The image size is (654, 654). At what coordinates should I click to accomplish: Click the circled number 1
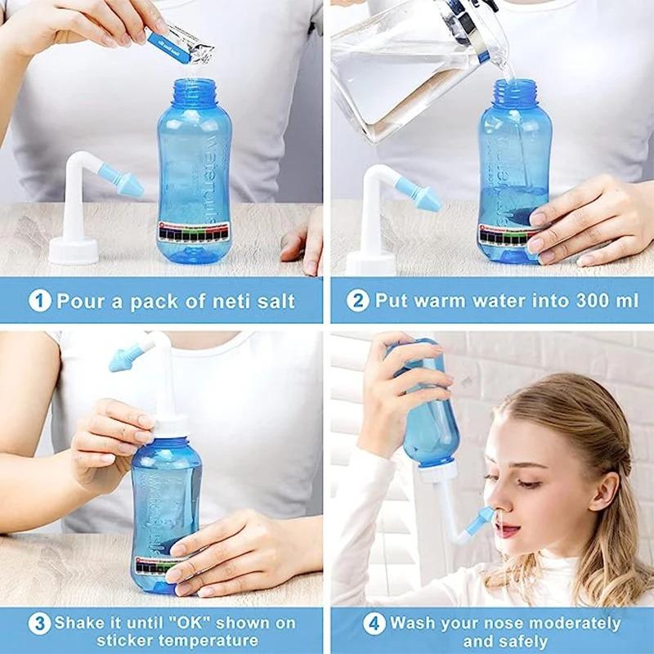pyautogui.click(x=40, y=300)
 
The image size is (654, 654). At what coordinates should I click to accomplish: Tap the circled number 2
pyautogui.click(x=357, y=300)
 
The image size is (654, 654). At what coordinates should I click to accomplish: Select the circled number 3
pyautogui.click(x=39, y=624)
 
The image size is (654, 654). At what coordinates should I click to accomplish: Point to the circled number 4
pyautogui.click(x=374, y=624)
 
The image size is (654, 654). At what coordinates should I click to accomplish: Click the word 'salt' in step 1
pyautogui.click(x=273, y=300)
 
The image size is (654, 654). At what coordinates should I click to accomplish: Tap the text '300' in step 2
pyautogui.click(x=576, y=300)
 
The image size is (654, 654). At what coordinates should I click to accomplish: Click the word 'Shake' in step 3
pyautogui.click(x=79, y=623)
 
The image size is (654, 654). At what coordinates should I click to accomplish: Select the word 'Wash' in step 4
pyautogui.click(x=411, y=623)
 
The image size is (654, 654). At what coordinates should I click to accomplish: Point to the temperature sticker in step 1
pyautogui.click(x=193, y=232)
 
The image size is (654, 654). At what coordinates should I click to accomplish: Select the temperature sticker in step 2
pyautogui.click(x=506, y=235)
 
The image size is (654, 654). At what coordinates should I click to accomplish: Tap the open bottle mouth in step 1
pyautogui.click(x=194, y=85)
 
